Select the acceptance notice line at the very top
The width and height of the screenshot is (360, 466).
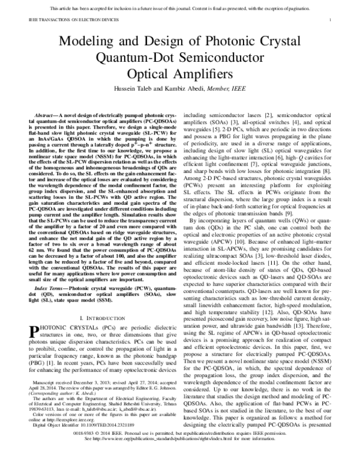(180, 7)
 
